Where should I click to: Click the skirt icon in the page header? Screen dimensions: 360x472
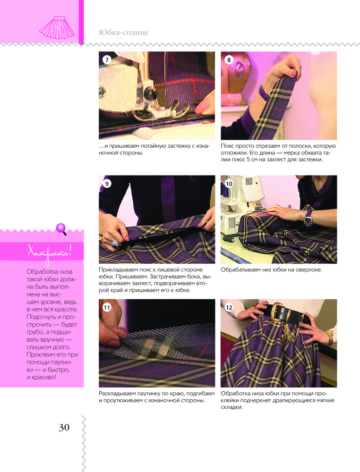click(x=57, y=27)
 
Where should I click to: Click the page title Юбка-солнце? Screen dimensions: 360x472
click(x=123, y=33)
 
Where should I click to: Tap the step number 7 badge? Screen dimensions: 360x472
click(x=106, y=59)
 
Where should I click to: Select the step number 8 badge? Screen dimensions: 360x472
click(x=229, y=59)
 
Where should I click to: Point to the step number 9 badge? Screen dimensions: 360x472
click(x=107, y=183)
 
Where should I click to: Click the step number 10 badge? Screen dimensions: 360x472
click(x=229, y=183)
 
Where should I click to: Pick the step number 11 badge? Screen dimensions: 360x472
click(x=107, y=307)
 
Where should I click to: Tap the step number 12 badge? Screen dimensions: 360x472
click(x=229, y=307)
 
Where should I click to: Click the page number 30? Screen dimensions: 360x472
click(x=64, y=428)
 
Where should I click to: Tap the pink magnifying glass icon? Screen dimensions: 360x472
click(x=61, y=229)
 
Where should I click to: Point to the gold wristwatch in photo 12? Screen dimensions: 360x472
click(x=330, y=337)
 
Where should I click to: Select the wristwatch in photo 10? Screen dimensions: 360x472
click(x=308, y=219)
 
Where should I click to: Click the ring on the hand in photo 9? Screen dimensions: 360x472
click(x=115, y=243)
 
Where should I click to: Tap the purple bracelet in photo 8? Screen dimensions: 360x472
click(x=264, y=92)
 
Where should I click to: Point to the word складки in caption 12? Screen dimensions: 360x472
click(x=231, y=407)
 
